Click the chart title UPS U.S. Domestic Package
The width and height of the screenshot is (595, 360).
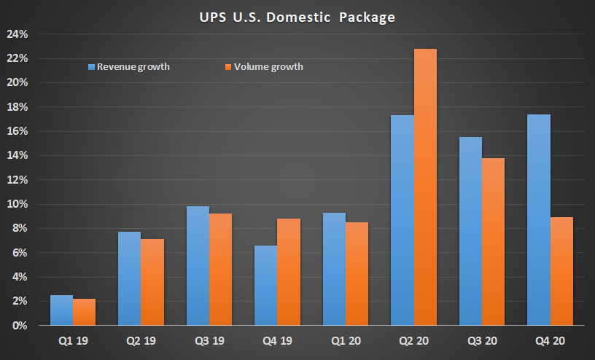coord(297,17)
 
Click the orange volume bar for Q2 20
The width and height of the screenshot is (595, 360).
coord(425,187)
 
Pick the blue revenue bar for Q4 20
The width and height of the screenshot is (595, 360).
coord(539,220)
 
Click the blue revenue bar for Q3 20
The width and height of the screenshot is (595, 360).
coord(470,231)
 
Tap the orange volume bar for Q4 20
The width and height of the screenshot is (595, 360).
coord(561,271)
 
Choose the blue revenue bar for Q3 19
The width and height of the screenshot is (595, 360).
coord(198,266)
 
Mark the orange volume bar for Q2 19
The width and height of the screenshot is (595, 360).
coord(152,282)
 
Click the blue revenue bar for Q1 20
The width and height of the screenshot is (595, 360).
coord(334,269)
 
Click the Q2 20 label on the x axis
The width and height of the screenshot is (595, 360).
coord(413,340)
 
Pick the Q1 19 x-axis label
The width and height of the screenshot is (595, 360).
coord(73,340)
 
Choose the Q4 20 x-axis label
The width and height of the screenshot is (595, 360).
coord(550,340)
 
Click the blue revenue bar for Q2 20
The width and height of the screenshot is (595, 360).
coord(402,220)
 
